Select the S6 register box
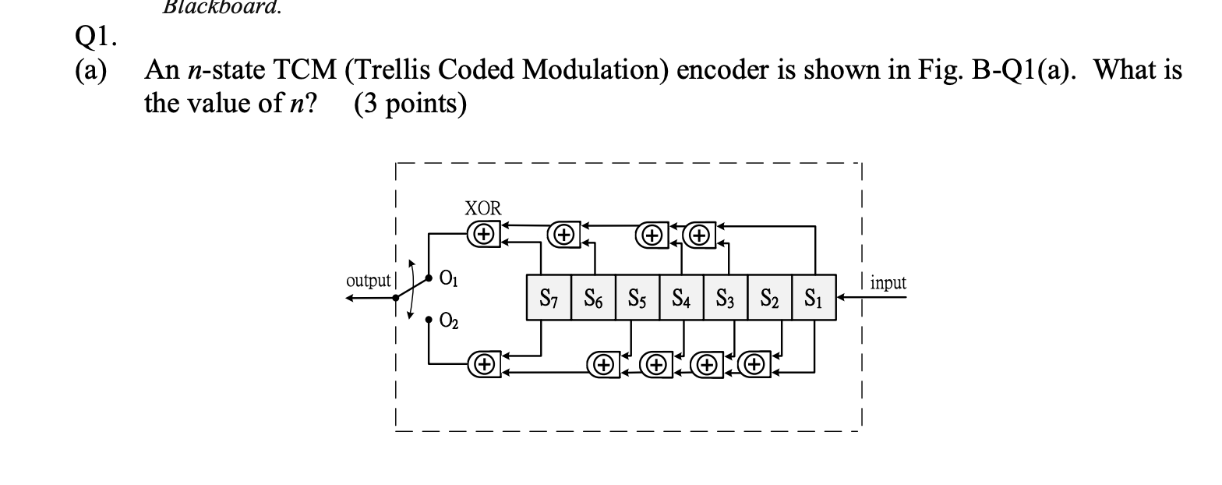593,297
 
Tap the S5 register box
637,297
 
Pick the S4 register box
682,297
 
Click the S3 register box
726,297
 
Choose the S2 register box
770,297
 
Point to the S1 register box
814,297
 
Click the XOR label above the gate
483,208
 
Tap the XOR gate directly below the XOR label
484,232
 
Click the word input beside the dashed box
888,283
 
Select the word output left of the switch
368,281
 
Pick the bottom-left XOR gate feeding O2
484,363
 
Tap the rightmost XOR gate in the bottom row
754,363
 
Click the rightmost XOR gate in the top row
701,232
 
